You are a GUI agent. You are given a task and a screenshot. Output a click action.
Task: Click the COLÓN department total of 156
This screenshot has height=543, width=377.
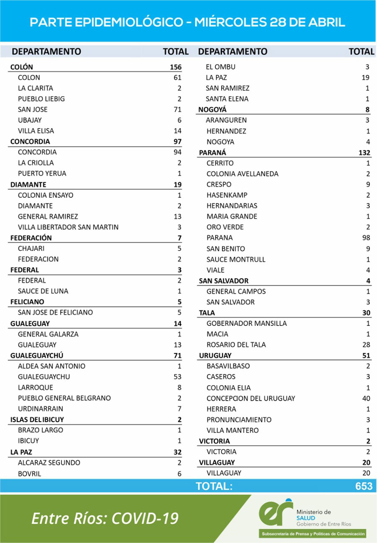pyautogui.click(x=176, y=67)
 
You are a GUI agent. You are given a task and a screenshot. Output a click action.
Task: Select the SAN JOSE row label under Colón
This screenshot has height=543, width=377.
pyautogui.click(x=33, y=110)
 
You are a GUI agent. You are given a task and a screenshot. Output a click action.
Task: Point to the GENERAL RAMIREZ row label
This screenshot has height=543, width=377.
pyautogui.click(x=48, y=216)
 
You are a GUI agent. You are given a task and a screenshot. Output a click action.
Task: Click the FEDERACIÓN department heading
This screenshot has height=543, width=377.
pyautogui.click(x=31, y=238)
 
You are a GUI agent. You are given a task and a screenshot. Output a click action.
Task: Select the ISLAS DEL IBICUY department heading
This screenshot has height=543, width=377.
pyautogui.click(x=37, y=419)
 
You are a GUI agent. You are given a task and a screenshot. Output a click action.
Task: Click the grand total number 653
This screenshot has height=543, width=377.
pyautogui.click(x=363, y=486)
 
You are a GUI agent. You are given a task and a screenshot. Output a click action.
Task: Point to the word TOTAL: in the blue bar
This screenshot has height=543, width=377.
pyautogui.click(x=214, y=486)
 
